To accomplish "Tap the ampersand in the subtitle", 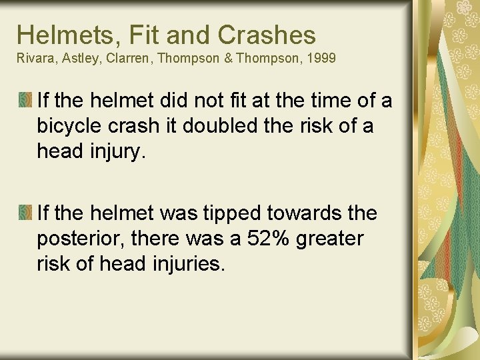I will pos(229,59).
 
